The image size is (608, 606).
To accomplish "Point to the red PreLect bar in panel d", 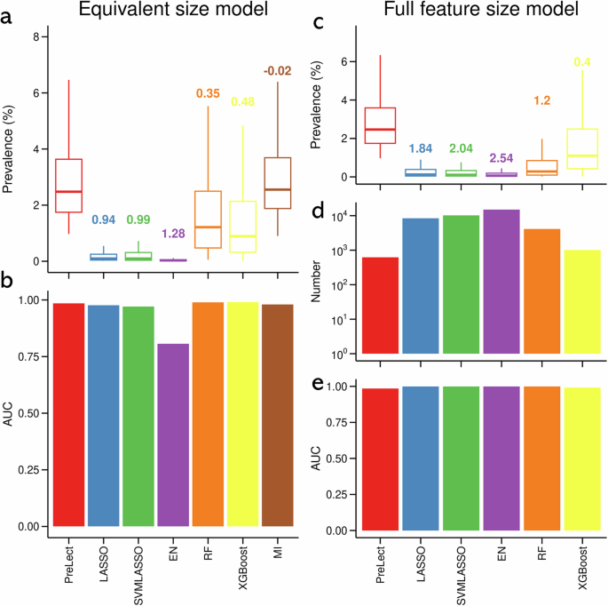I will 380,307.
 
